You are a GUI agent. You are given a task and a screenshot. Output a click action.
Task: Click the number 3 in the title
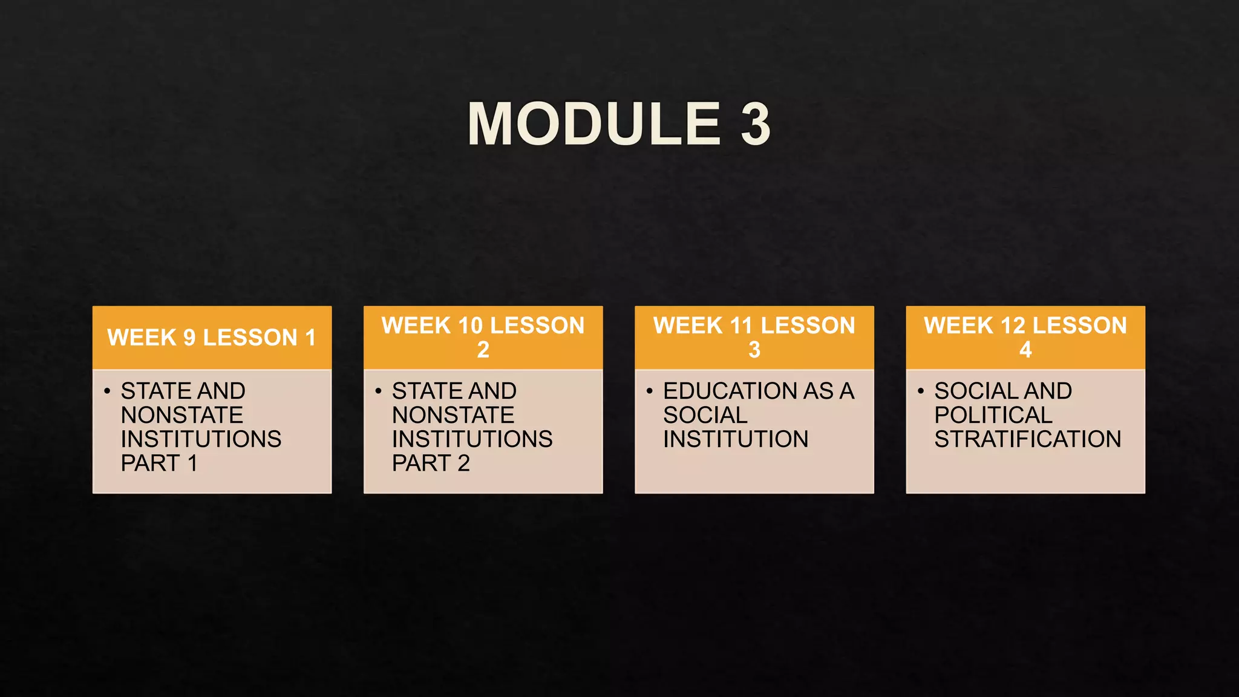pos(756,124)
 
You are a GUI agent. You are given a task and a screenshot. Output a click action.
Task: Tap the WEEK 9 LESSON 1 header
pos(212,338)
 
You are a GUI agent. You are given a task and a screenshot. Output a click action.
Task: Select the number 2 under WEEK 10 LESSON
pos(483,350)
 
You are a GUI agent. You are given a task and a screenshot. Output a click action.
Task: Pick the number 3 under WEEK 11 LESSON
pos(754,350)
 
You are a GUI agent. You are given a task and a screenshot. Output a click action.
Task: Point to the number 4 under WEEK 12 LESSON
pos(1025,350)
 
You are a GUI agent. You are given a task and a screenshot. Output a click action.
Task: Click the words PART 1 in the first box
pos(159,463)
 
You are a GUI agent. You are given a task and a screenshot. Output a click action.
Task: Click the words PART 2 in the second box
pos(431,463)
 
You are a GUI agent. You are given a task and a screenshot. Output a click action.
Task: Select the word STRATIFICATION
pos(1027,439)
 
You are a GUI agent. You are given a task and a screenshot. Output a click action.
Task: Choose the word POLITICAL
pos(993,415)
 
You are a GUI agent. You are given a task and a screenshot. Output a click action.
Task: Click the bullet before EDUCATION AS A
pos(649,391)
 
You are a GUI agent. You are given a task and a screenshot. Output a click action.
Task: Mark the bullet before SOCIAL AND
pos(920,391)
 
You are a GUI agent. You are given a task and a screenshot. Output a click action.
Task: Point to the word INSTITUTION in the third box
pos(736,439)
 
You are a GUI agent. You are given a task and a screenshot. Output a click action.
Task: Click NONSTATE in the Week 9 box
pos(181,415)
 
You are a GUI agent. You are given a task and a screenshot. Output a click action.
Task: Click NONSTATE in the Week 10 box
pos(453,415)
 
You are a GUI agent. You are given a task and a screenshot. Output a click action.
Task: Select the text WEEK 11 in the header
pos(688,326)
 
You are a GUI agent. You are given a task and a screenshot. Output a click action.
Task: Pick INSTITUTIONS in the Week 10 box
pos(472,439)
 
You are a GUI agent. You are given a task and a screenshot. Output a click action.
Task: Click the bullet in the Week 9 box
pos(107,391)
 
